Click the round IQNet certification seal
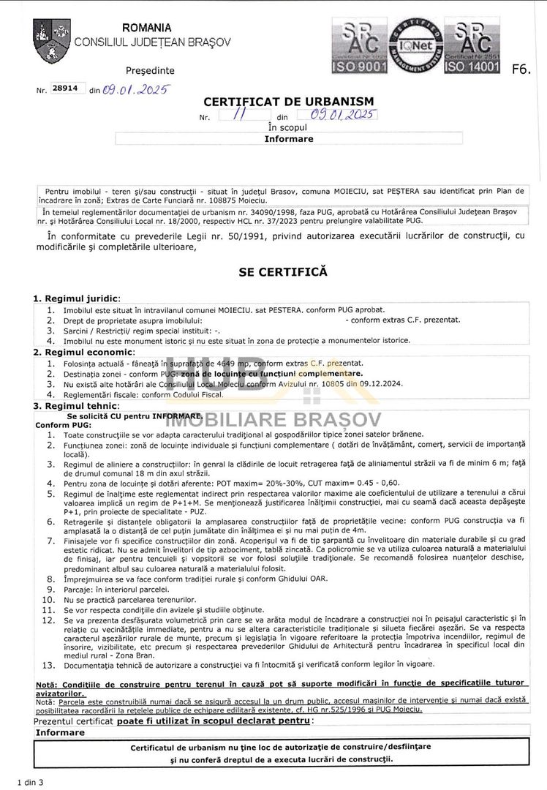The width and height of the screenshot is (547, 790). [415, 45]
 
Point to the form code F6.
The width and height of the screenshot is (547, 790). [521, 70]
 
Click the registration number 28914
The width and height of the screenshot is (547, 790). [68, 88]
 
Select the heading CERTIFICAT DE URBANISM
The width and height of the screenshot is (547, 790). [288, 102]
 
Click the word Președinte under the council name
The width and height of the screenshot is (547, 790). [150, 71]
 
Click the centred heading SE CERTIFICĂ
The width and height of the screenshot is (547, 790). [283, 272]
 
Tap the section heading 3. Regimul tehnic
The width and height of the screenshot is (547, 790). [76, 406]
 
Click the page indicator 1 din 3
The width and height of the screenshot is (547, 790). [31, 782]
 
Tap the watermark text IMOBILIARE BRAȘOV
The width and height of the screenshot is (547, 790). [273, 419]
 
